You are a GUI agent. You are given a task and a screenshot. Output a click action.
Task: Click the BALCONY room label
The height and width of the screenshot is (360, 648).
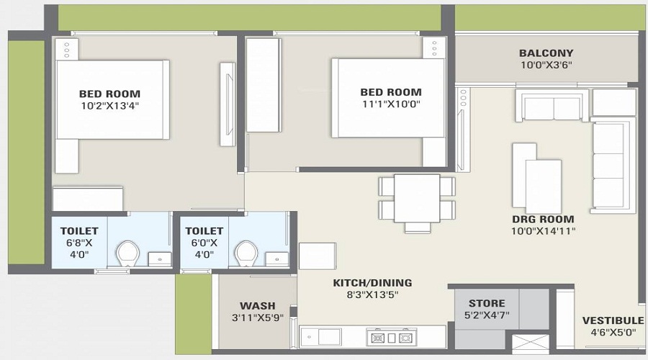[x=546, y=53]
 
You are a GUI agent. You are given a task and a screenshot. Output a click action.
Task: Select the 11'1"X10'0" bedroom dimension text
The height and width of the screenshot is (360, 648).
[x=391, y=104]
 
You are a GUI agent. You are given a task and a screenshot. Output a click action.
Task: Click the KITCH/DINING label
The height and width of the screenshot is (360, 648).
[x=372, y=282]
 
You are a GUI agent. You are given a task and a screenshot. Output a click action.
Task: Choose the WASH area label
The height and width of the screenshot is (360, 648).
[x=257, y=305]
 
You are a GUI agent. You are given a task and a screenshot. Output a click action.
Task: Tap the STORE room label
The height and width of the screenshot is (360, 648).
[x=487, y=303]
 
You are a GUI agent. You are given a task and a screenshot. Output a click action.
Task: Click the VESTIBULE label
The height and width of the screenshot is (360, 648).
[x=613, y=320]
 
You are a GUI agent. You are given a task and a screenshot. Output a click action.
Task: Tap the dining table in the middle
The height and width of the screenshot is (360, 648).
[x=417, y=198]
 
